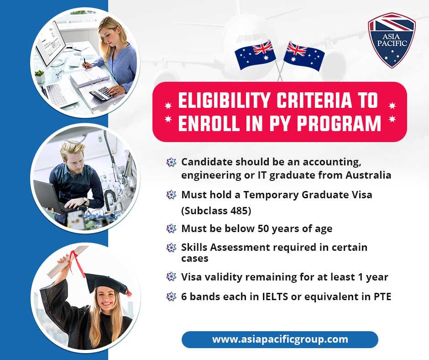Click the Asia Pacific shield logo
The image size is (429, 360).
coord(392,40)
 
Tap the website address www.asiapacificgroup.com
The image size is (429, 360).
coord(280,339)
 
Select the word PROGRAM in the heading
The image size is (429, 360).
coord(339,123)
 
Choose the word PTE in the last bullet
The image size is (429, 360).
coord(382,296)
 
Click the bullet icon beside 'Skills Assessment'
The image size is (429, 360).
coord(171,248)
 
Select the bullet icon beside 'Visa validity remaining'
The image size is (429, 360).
coord(171,277)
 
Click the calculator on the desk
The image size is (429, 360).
coord(101,93)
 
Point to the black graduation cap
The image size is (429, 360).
coord(107,283)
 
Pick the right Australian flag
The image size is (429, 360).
coord(303,56)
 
